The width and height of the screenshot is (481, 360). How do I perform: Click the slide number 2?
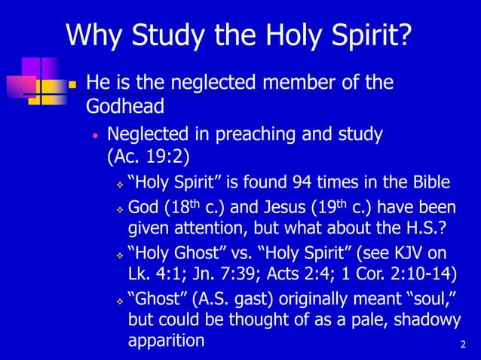coord(462,345)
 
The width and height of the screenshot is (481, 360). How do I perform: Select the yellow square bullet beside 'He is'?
coord(73,83)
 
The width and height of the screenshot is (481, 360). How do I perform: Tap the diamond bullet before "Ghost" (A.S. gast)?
coord(118,299)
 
